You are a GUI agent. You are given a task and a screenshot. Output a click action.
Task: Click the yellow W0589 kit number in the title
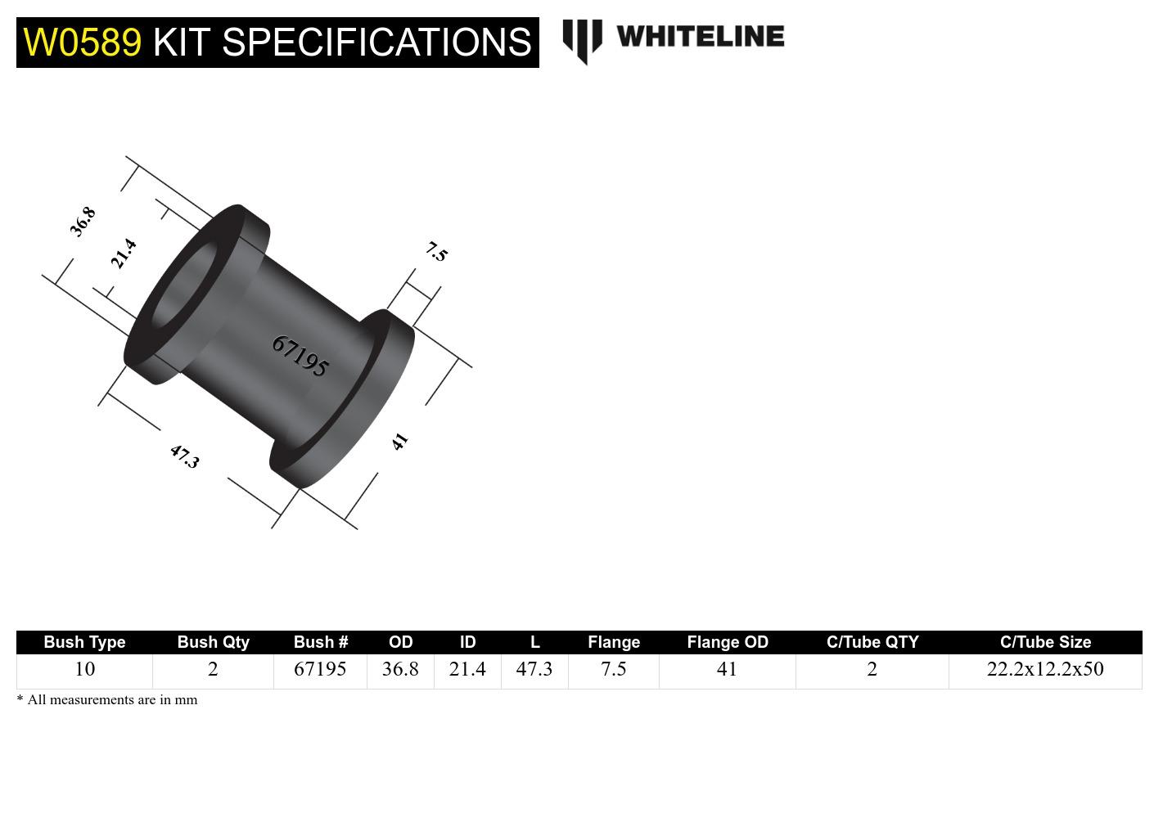tap(82, 42)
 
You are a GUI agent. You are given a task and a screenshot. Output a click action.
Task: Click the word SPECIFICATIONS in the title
tap(376, 42)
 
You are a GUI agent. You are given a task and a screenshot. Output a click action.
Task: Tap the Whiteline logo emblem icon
tap(582, 40)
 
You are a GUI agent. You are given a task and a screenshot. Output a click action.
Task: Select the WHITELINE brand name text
tap(701, 37)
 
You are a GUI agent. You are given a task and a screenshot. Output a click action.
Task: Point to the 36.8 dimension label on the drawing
tap(83, 222)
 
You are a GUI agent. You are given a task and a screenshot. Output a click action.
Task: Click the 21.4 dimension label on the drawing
tap(124, 254)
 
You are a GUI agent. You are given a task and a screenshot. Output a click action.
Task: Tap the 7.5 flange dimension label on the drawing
tap(437, 251)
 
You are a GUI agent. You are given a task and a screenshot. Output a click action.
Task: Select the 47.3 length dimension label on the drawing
tap(184, 456)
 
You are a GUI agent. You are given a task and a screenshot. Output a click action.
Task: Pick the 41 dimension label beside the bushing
tap(399, 442)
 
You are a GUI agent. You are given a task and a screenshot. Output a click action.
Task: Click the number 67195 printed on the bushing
tap(300, 356)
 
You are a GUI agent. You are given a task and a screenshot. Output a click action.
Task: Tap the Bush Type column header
tap(84, 642)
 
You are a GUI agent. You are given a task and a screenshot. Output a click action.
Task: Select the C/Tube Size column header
tap(1045, 642)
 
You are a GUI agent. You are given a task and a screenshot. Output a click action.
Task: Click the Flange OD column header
tap(727, 642)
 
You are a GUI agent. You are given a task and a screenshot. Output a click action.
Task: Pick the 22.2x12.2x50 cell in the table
tap(1045, 669)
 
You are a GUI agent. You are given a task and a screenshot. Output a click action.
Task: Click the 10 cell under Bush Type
tap(84, 669)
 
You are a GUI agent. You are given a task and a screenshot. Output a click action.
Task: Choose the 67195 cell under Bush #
tap(320, 669)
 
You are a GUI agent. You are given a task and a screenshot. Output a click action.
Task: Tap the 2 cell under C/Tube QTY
tap(872, 669)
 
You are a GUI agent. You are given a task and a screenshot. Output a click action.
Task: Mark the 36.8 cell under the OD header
tap(400, 669)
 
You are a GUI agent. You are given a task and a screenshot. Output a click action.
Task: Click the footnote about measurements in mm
tap(107, 700)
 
